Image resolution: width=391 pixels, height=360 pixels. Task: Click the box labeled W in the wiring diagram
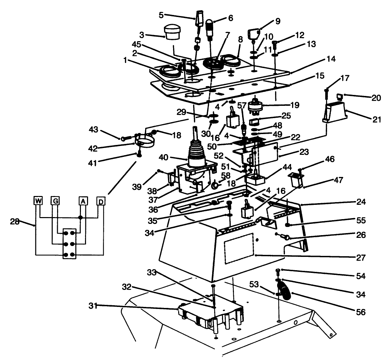coord(38,201)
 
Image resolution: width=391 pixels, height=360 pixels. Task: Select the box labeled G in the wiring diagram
coord(55,201)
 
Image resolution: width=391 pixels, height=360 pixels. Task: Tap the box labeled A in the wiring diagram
coord(83,201)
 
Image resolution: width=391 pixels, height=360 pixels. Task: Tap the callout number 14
coord(331,59)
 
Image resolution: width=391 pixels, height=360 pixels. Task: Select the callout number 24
coord(361,202)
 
